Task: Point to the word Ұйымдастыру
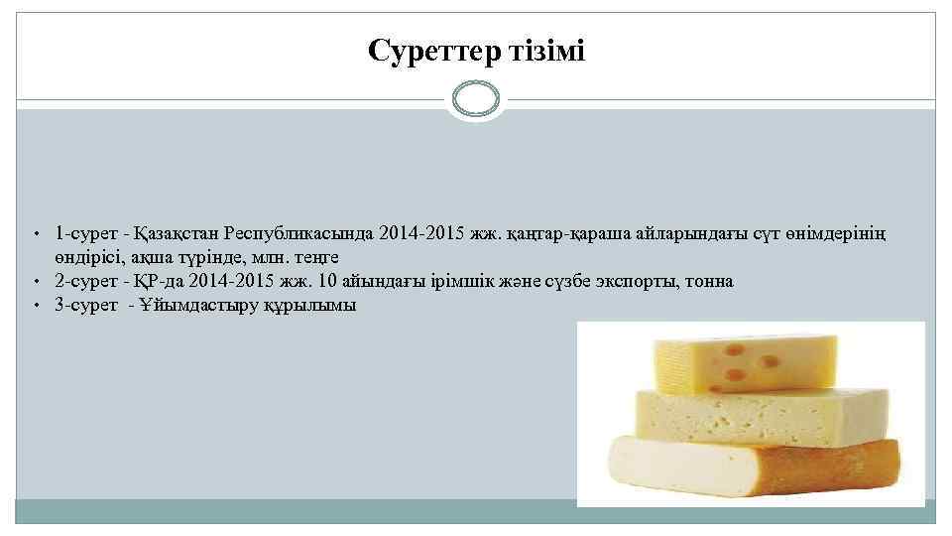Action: click(197, 306)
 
